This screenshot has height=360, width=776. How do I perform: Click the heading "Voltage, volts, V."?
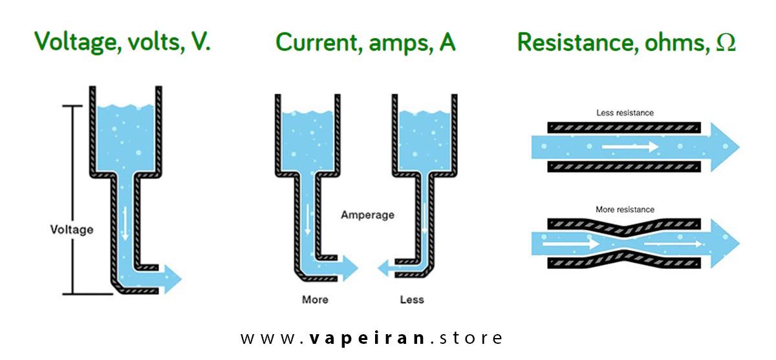pyautogui.click(x=123, y=42)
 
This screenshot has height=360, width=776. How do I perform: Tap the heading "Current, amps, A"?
pyautogui.click(x=365, y=42)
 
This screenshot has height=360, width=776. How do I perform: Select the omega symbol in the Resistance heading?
pyautogui.click(x=726, y=43)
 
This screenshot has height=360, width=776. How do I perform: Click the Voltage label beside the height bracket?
pyautogui.click(x=72, y=229)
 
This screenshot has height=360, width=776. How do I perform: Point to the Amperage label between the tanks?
pyautogui.click(x=367, y=215)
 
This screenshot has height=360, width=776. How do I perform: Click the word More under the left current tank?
pyautogui.click(x=315, y=299)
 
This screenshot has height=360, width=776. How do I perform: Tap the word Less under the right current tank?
pyautogui.click(x=412, y=299)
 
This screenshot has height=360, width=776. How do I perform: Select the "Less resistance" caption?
pyautogui.click(x=624, y=112)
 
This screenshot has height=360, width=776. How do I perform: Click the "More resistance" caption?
pyautogui.click(x=624, y=209)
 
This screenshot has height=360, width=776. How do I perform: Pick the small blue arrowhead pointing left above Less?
pyautogui.click(x=384, y=266)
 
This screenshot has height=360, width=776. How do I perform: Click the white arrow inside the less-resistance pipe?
pyautogui.click(x=630, y=147)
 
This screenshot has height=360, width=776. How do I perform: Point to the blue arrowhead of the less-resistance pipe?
pyautogui.click(x=724, y=147)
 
